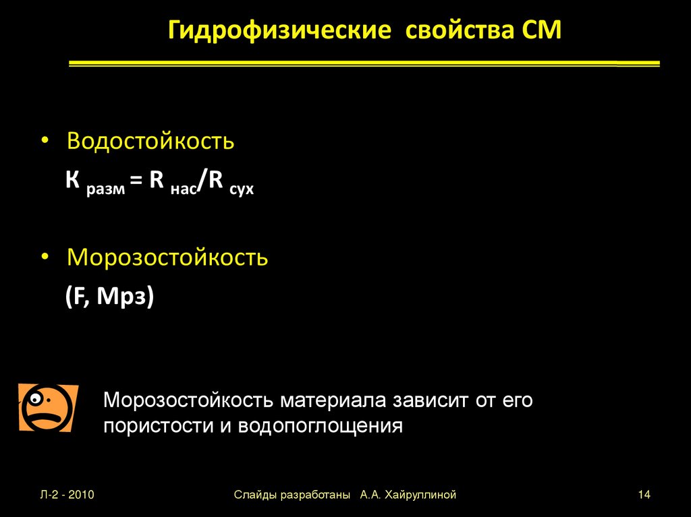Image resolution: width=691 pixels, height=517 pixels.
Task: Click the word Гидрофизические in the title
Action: (279, 32)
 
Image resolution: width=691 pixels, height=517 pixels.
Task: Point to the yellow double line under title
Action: (364, 63)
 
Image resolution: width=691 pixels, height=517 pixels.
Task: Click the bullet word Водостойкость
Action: (150, 142)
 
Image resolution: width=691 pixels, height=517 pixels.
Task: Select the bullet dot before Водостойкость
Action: (45, 142)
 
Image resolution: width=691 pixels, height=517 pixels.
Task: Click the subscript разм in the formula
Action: (105, 190)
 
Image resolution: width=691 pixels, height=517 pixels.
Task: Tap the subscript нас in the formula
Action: (184, 190)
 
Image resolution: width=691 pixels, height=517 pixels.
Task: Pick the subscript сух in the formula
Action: (241, 190)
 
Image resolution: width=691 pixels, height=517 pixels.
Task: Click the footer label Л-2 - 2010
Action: (66, 495)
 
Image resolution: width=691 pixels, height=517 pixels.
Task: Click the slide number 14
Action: (643, 495)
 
